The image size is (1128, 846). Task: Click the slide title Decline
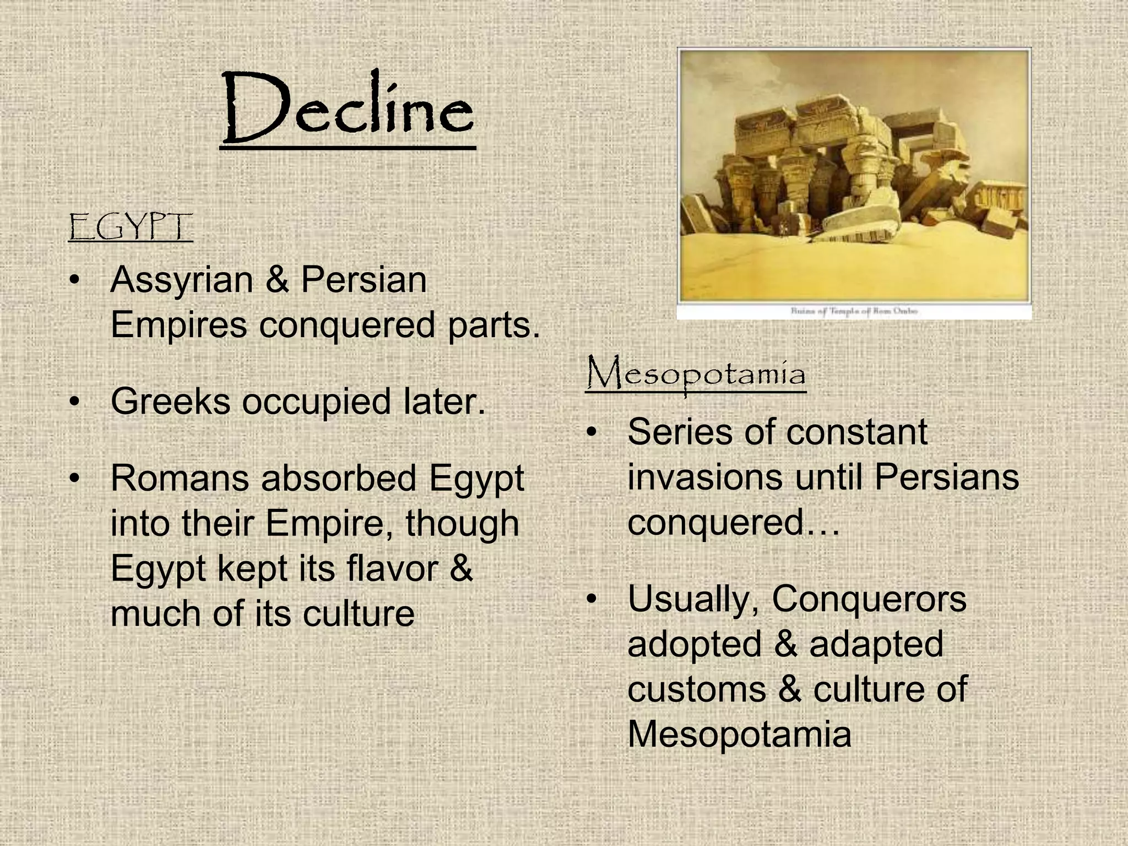click(x=348, y=108)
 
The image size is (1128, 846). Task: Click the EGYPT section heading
click(x=131, y=228)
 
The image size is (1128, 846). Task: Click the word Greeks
click(x=170, y=402)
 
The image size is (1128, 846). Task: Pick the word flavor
click(x=393, y=568)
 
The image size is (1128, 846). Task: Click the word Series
click(x=679, y=432)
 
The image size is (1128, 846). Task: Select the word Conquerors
click(x=869, y=599)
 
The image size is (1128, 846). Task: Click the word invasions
click(x=704, y=477)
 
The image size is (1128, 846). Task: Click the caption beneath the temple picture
click(x=854, y=311)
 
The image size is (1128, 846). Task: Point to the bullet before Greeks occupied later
click(x=75, y=402)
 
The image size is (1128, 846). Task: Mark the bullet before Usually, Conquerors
click(x=592, y=599)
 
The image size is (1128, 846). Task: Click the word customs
click(x=696, y=690)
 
